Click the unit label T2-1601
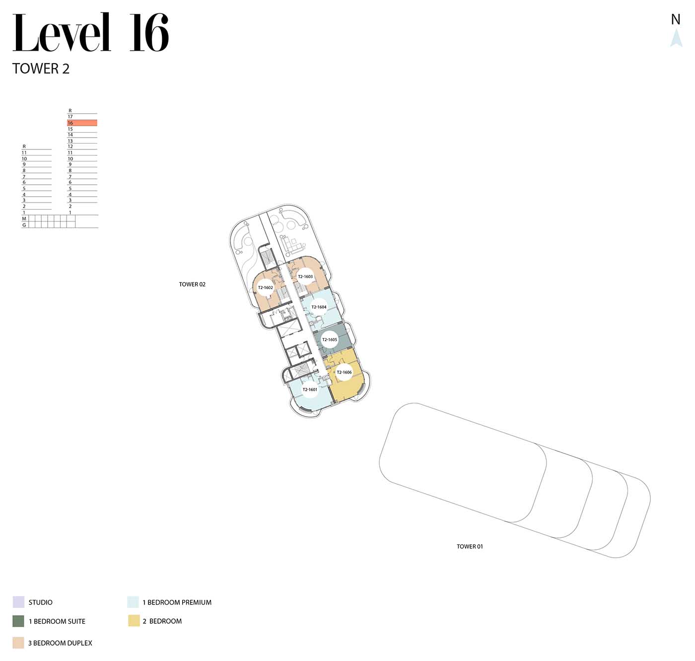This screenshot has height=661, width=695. coord(310,389)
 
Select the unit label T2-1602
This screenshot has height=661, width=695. coord(265,288)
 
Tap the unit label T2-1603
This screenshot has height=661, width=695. coord(305,277)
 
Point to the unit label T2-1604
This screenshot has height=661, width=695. coord(319,307)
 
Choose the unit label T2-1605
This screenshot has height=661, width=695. coord(329,340)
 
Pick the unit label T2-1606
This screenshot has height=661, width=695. coord(344,372)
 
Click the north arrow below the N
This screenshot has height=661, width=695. coord(676,38)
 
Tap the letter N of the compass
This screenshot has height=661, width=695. coord(676,19)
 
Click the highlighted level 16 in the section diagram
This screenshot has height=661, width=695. coord(82,123)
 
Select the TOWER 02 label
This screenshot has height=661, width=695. coord(192,285)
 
